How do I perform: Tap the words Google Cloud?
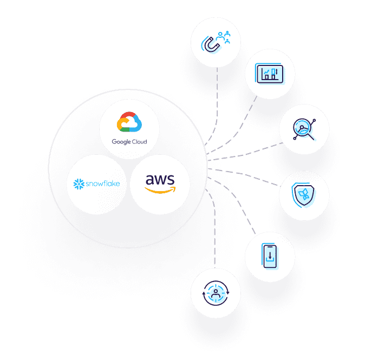[x=129, y=142]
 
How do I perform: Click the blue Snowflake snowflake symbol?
[x=78, y=184]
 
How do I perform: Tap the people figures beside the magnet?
[x=224, y=36]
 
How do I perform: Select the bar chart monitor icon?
[x=270, y=73]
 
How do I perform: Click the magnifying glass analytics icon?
[x=303, y=129]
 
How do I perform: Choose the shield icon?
[x=304, y=194]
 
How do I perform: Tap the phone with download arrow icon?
[x=270, y=256]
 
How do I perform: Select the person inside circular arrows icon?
[x=216, y=293]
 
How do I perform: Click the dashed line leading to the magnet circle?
[x=217, y=97]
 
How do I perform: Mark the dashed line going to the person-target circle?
[x=215, y=238]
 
